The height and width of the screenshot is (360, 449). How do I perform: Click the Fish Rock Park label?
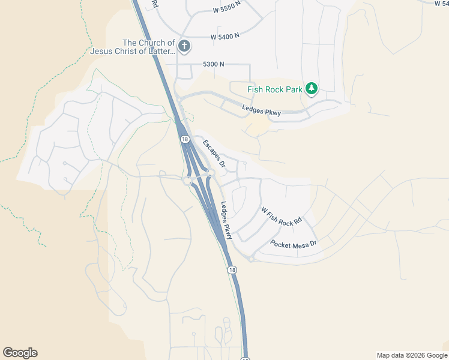pos(276,90)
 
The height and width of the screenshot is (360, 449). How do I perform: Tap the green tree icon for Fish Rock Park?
pos(311,89)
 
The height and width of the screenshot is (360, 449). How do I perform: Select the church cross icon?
pos(184,46)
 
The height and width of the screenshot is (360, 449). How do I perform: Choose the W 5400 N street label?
pos(225,36)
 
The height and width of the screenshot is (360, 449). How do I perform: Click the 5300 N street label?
pos(214,64)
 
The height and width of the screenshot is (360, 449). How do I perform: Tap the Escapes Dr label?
pos(213,154)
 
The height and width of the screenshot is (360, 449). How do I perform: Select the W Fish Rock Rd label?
pos(281,217)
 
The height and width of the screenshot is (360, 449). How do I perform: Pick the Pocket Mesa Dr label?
pos(294,244)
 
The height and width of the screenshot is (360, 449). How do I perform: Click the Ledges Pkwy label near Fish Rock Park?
pos(261,110)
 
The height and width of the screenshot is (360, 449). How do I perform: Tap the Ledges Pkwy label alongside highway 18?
pos(226,220)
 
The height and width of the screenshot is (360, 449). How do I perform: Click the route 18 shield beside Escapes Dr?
pos(184,139)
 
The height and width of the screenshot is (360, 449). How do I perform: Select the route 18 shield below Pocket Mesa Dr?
pos(232,270)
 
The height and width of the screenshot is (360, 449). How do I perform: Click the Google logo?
pos(20,353)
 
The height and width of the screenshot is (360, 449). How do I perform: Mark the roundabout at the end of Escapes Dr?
pos(210,174)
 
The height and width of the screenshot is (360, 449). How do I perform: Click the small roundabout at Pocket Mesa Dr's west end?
pos(251,259)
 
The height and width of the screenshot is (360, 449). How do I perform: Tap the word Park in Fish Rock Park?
pos(294,90)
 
